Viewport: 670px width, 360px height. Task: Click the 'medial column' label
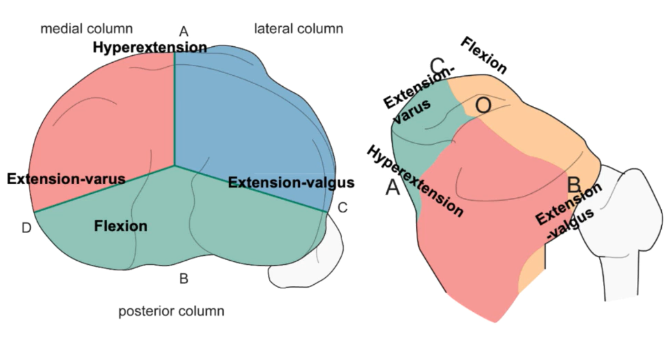coord(86,28)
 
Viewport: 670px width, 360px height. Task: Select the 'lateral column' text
coord(298,28)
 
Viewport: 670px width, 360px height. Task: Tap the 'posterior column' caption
coord(171,311)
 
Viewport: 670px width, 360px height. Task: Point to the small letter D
coord(26,228)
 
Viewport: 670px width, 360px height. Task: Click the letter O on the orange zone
coord(484,106)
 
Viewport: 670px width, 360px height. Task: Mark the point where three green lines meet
coord(175,166)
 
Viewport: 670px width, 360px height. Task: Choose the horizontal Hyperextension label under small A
coord(150,48)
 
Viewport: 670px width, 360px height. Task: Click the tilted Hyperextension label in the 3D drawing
coord(415,181)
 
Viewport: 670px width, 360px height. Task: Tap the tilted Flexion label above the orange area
coord(484,55)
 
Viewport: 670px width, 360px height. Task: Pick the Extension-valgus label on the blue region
coord(290,183)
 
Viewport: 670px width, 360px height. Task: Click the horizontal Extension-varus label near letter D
coord(66,179)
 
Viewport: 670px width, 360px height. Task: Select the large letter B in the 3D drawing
coord(574,184)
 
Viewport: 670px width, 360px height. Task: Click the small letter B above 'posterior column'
coord(184,279)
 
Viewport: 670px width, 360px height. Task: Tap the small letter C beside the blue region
coord(343,206)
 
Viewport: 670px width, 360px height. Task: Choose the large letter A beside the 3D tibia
coord(393,188)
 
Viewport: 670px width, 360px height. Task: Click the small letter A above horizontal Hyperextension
coord(184,31)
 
